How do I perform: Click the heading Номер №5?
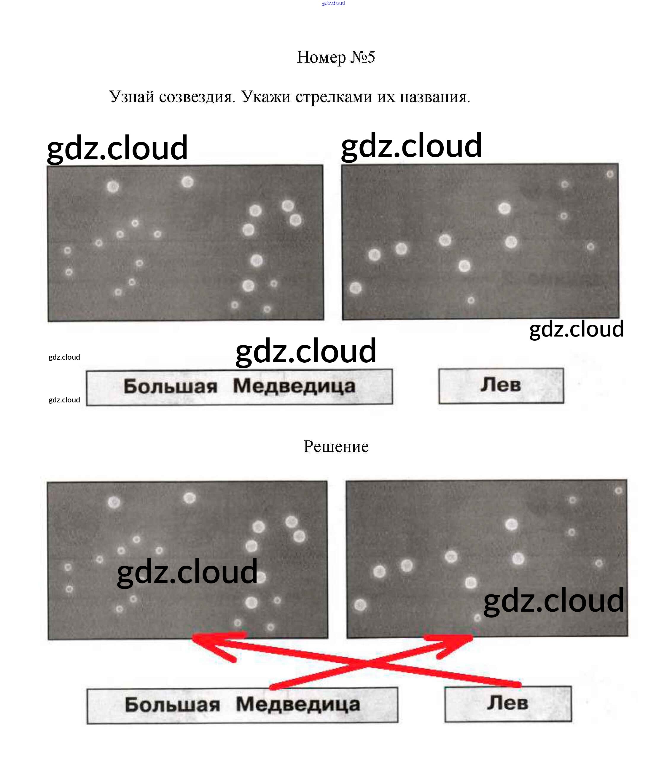[x=336, y=57]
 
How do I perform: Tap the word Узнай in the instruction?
[x=131, y=97]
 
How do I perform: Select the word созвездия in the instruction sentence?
[x=197, y=97]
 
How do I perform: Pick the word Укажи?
[x=266, y=97]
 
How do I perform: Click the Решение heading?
[x=336, y=446]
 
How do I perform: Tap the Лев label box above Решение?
[x=501, y=385]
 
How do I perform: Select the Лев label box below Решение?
[x=508, y=704]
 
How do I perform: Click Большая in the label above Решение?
[x=171, y=386]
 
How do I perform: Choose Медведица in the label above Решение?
[x=294, y=386]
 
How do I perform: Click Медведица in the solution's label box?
[x=298, y=705]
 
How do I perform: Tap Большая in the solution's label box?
[x=172, y=705]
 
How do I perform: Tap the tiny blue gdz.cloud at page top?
[x=333, y=3]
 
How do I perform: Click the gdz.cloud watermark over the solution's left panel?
[x=187, y=572]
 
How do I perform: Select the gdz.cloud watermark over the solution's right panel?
[x=553, y=601]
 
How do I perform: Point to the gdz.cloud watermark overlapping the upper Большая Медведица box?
[x=306, y=351]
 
